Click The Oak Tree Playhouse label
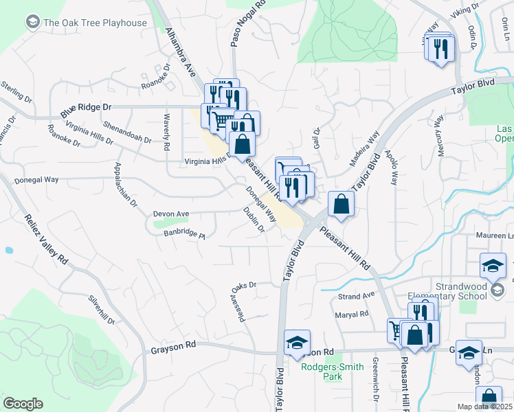coord(95,23)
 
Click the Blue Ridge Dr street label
coord(85,108)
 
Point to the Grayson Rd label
coord(173,348)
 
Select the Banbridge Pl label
coord(183,234)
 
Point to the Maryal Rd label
coord(352,314)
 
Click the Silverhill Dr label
coord(102,309)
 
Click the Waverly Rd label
coord(166,131)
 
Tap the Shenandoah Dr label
coord(126,133)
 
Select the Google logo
coord(22,404)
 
